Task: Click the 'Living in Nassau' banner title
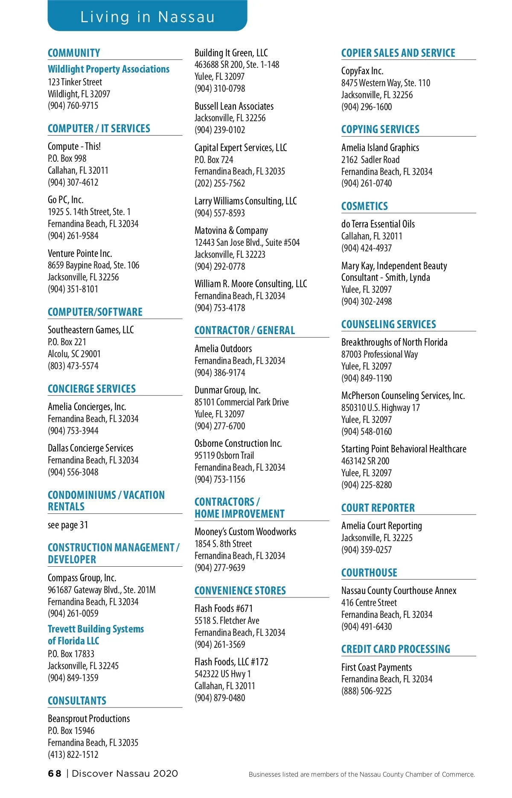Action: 147,17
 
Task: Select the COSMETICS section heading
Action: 364,206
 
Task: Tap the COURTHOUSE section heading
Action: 369,573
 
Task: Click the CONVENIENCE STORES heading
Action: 240,591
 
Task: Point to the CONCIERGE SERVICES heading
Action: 92,389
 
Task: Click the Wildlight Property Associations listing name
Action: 108,69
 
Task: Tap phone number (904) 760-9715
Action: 73,105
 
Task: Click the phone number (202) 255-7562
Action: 220,183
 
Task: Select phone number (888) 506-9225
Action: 367,691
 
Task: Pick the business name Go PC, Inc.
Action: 66,200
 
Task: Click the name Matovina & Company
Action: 231,230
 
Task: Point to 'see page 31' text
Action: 68,525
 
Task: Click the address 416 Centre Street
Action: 369,603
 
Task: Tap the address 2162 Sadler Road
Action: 370,160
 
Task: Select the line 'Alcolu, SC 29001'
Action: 74,354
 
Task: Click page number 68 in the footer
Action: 55,774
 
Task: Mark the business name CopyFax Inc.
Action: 362,71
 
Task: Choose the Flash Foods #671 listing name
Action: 224,609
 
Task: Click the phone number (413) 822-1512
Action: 73,754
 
